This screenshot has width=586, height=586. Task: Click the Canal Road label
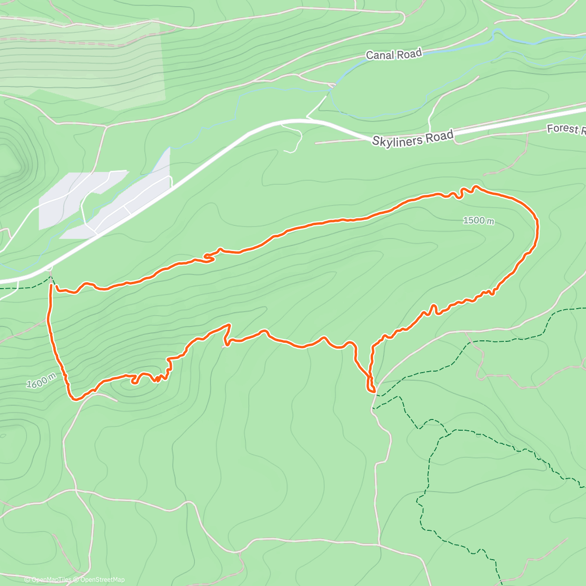(x=394, y=54)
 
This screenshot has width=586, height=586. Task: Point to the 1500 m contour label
(x=478, y=221)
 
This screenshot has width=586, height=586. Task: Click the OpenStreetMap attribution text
(x=103, y=580)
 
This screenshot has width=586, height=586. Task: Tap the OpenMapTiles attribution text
(x=51, y=580)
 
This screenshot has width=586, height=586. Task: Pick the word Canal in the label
(x=379, y=55)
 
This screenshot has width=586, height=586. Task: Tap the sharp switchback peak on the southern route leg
(x=228, y=325)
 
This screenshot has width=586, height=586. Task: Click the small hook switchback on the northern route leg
(x=209, y=257)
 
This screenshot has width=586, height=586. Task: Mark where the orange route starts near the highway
(x=51, y=286)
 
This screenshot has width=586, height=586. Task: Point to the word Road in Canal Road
(x=409, y=53)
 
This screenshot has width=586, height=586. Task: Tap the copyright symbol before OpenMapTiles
(x=27, y=580)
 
